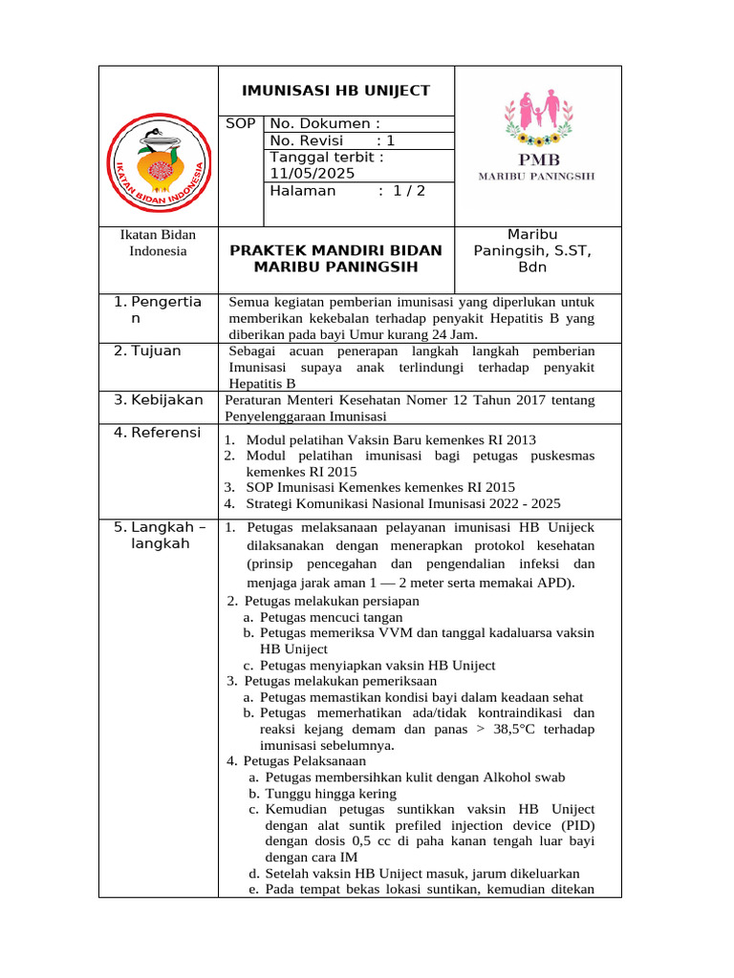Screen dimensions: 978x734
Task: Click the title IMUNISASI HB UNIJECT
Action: pyautogui.click(x=335, y=91)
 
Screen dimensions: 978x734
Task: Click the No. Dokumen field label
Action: pyautogui.click(x=325, y=123)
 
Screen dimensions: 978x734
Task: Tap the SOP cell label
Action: pyautogui.click(x=241, y=123)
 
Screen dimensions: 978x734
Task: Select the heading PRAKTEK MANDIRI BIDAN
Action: pyautogui.click(x=335, y=250)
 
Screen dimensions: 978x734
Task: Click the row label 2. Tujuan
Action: pyautogui.click(x=148, y=351)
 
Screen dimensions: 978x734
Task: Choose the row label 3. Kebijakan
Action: pyautogui.click(x=159, y=399)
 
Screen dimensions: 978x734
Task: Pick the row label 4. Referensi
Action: pyautogui.click(x=158, y=433)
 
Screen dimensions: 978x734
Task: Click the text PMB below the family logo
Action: pyautogui.click(x=539, y=159)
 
